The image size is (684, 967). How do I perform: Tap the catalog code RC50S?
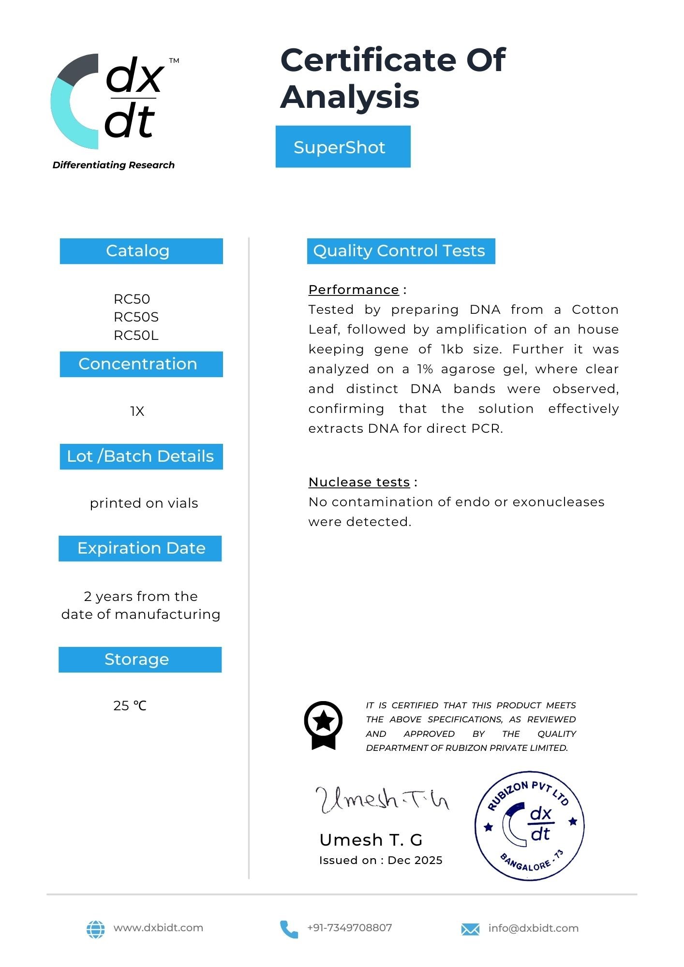coord(136,317)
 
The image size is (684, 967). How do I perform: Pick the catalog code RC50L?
coord(136,336)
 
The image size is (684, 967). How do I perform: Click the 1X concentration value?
coord(137,411)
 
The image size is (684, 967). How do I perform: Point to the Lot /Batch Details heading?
coord(141,456)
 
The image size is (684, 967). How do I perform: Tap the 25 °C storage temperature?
coord(130,706)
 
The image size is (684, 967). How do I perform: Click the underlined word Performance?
coord(354,290)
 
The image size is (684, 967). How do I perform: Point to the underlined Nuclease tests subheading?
coord(359,482)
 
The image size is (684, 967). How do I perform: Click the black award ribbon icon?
coord(323,725)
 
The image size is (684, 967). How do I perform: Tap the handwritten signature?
coord(382,800)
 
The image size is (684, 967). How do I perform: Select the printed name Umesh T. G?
coord(371,840)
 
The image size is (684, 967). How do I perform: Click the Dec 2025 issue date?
coord(415,861)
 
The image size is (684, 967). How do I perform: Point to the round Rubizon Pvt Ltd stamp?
coord(529,825)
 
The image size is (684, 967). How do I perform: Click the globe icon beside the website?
coord(95,929)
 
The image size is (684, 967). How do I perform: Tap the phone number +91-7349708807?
coord(349,928)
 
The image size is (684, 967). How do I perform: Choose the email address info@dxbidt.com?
coord(533,928)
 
